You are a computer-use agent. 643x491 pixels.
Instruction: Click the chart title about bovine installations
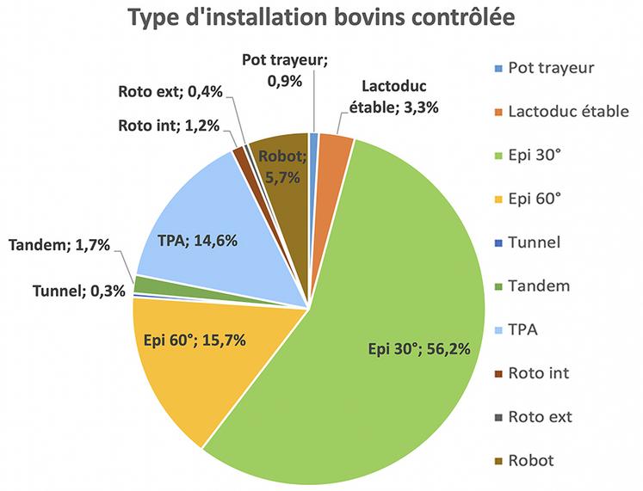(x=321, y=19)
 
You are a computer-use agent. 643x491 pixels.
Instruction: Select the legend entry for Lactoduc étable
(x=568, y=111)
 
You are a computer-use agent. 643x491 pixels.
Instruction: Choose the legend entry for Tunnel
(x=533, y=242)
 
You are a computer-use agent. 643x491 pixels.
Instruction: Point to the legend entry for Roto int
(x=538, y=372)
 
